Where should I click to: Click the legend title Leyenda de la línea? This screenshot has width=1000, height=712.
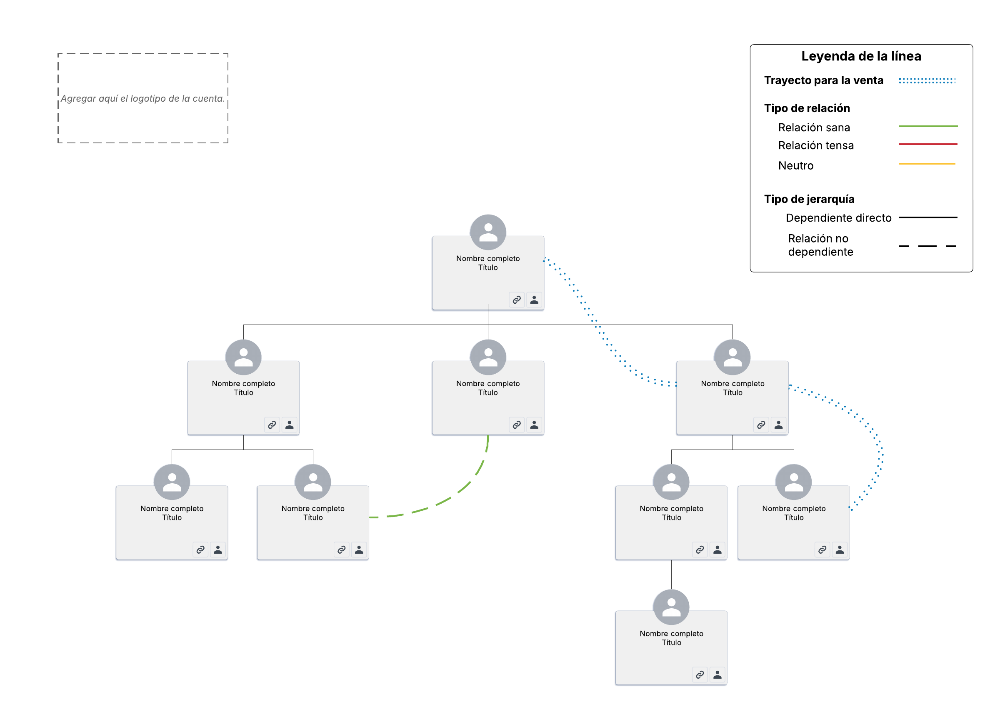[x=860, y=56]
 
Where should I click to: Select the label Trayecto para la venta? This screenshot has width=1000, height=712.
[x=823, y=80]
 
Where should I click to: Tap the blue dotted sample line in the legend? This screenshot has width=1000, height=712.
[x=927, y=81]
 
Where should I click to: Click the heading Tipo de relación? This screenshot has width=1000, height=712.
[x=807, y=108]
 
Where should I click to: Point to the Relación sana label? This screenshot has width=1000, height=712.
[x=814, y=127]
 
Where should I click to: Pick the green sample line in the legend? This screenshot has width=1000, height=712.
[x=927, y=126]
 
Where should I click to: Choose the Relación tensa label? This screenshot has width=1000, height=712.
[x=815, y=145]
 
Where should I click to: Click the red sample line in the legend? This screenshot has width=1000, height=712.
[x=927, y=144]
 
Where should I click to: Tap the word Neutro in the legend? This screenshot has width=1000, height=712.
[x=795, y=166]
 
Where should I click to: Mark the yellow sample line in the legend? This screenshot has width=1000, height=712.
[x=927, y=164]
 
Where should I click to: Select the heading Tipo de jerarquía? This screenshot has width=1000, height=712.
[x=809, y=199]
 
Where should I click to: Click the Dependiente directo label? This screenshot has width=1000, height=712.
[x=838, y=218]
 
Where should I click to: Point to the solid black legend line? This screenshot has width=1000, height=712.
[x=927, y=217]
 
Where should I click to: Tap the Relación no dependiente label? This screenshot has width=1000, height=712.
[x=820, y=245]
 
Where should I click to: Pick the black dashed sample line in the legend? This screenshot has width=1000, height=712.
[x=927, y=246]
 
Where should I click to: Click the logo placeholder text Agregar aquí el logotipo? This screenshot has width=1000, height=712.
[x=142, y=99]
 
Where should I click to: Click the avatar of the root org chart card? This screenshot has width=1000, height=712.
[x=488, y=232]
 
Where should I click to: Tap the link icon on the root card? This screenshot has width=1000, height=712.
[x=516, y=300]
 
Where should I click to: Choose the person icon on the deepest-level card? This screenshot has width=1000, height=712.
[x=717, y=675]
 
